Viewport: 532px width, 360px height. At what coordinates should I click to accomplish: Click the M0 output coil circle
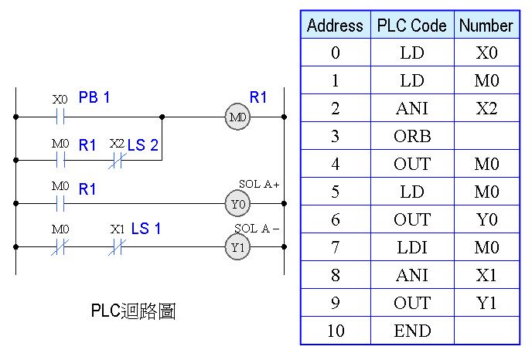point(237,117)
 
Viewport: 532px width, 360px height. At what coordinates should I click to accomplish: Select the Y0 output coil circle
point(237,204)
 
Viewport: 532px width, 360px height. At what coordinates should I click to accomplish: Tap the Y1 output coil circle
point(237,247)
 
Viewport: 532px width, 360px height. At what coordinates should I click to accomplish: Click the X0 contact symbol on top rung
point(60,117)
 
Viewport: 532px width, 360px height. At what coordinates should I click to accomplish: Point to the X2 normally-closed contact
point(118,161)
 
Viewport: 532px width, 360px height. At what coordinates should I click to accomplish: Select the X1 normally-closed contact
point(118,247)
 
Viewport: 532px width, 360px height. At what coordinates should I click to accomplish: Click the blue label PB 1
point(94,97)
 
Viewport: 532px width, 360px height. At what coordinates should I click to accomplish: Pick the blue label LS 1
point(146,229)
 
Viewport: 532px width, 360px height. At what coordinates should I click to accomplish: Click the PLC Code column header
point(411,25)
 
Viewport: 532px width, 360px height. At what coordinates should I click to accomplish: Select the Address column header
point(335,25)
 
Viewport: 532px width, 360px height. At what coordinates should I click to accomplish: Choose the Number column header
point(486,25)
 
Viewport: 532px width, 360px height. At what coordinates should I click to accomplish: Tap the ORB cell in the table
point(411,136)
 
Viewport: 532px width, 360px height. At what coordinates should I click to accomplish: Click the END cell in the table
point(411,331)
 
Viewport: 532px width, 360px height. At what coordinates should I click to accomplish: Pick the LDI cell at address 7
point(411,247)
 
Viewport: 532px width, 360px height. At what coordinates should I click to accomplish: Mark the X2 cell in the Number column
point(486,108)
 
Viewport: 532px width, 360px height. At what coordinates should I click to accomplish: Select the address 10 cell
point(335,331)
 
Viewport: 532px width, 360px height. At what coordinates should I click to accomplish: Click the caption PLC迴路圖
point(133,311)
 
